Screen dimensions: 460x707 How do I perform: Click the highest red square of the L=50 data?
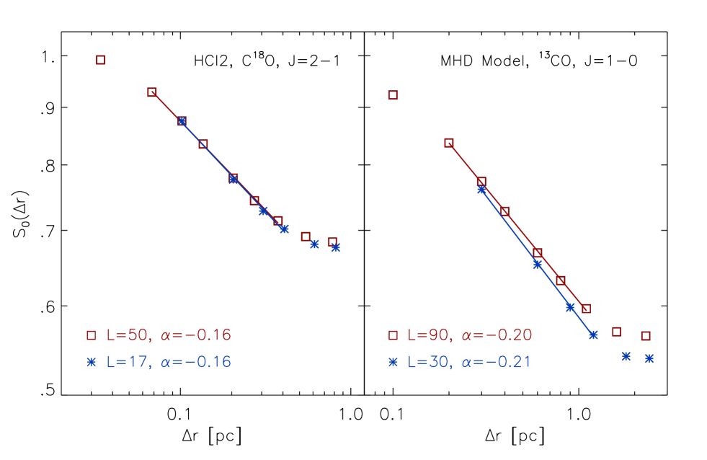click(101, 60)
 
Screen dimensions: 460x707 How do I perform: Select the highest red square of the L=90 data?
click(393, 95)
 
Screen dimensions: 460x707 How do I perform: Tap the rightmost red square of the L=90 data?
click(646, 336)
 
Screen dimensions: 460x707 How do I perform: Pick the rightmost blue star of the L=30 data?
click(649, 358)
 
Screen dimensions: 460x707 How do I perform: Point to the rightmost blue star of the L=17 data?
click(335, 247)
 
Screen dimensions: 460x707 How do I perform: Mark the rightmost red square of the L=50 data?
click(332, 242)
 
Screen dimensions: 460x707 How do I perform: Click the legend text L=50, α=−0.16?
click(169, 335)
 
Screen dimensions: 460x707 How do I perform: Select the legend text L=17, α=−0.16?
click(169, 362)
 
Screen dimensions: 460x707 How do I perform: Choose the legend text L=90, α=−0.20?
click(470, 335)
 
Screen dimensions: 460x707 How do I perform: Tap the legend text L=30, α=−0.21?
click(470, 362)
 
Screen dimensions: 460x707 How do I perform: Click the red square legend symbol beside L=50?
click(92, 335)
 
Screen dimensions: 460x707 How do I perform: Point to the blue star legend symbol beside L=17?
click(92, 362)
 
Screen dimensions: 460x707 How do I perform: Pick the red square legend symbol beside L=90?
click(393, 335)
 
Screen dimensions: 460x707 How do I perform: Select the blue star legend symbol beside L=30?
click(393, 362)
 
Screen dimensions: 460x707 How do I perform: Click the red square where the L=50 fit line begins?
click(152, 92)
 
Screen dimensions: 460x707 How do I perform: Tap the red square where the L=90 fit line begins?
click(449, 143)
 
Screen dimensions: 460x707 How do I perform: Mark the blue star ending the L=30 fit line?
click(593, 335)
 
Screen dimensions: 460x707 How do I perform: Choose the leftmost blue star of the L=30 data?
click(481, 190)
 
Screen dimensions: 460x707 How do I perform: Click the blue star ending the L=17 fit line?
click(285, 229)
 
